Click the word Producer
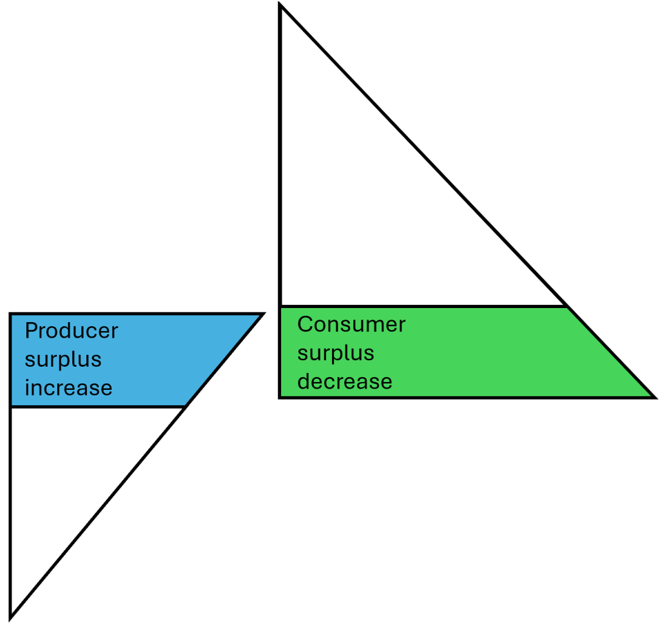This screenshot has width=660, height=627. point(72,331)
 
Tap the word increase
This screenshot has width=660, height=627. point(68,388)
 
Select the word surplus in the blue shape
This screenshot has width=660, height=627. point(63,360)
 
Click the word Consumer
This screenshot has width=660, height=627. point(351,324)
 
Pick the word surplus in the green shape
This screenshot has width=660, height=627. point(336,352)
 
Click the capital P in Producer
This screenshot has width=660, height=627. point(30,331)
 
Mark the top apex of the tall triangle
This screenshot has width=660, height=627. point(280,6)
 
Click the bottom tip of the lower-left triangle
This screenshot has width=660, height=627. point(11,616)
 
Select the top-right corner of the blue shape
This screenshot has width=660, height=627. point(262,314)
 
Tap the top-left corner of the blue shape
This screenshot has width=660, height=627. point(11,314)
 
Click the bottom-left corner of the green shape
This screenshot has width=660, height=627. point(280,397)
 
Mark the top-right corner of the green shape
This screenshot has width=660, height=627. point(567,307)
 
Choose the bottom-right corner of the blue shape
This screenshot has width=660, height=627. point(186,407)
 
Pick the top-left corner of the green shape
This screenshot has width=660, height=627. point(280,307)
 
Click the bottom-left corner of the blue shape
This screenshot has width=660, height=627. point(11,407)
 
